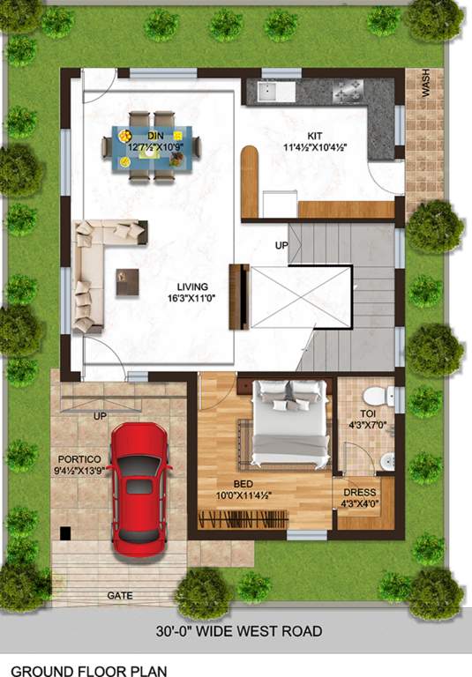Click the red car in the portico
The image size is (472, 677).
140,487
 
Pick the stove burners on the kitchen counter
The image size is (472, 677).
347,89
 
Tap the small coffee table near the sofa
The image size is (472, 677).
128,281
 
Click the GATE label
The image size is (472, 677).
120,596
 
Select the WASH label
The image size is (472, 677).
426,85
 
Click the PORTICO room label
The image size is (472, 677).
79,459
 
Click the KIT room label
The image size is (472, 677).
314,136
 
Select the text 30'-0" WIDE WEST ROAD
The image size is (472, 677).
240,631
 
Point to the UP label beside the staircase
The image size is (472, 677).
281,244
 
